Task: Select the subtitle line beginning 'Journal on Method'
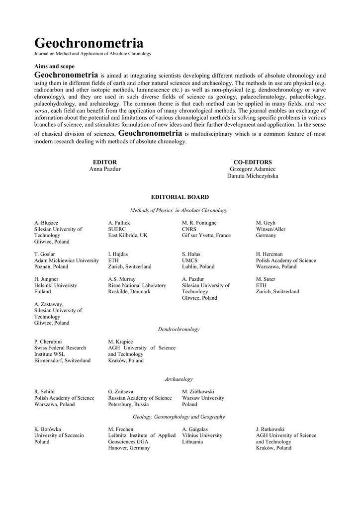[x=92, y=54]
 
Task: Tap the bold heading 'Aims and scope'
[x=55, y=66]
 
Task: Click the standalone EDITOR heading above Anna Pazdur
[x=105, y=162]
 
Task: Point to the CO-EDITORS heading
[x=253, y=162]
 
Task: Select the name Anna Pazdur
[x=105, y=169]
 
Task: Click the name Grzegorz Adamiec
[x=253, y=169]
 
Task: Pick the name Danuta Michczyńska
[x=253, y=176]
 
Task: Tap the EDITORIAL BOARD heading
[x=180, y=197]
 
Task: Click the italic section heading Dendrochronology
[x=179, y=329]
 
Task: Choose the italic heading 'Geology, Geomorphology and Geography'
[x=179, y=417]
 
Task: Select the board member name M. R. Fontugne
[x=199, y=223]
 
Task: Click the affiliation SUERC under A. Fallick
[x=116, y=229]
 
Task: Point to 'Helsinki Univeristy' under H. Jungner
[x=56, y=285]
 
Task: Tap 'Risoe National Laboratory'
[x=137, y=285]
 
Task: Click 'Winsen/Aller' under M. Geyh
[x=270, y=229]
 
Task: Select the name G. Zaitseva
[x=120, y=392]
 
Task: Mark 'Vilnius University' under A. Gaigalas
[x=202, y=435]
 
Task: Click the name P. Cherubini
[x=48, y=341]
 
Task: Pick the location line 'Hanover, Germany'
[x=129, y=448]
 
